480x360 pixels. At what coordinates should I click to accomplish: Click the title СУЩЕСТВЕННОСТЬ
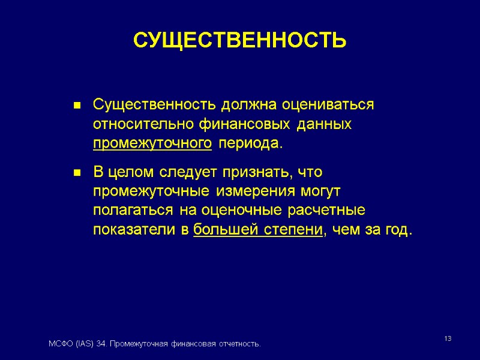pos(239,40)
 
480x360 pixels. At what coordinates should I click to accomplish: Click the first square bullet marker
pos(77,106)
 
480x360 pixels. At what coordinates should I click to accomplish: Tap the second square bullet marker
pos(77,173)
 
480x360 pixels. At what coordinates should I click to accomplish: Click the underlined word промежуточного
pos(152,145)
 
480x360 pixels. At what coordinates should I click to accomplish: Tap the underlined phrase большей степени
pos(259,231)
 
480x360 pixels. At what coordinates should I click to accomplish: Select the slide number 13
pos(448,340)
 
